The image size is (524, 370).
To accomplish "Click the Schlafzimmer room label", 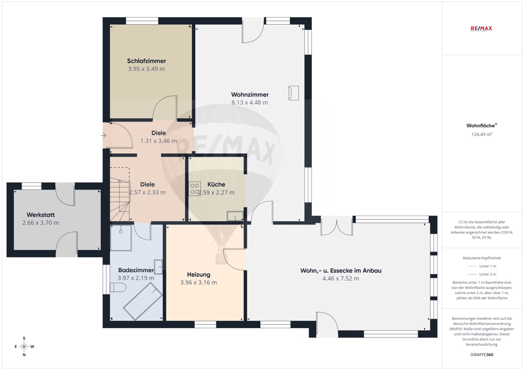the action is [x=146, y=61].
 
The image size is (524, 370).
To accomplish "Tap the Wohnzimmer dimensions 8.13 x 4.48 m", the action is [x=249, y=103].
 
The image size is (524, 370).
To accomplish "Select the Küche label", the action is [x=216, y=184].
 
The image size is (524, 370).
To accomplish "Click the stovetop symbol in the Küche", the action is [x=195, y=189].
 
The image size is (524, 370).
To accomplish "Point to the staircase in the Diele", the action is [x=119, y=194].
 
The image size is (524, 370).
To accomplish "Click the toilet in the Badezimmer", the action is [x=117, y=287].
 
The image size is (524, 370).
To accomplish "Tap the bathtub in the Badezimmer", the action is [x=143, y=301].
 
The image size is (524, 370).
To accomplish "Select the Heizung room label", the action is [x=199, y=275].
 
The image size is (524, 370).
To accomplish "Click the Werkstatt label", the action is [x=40, y=215].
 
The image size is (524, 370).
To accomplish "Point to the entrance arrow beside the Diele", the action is [x=104, y=136].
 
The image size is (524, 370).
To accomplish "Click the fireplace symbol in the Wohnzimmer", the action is [x=294, y=93].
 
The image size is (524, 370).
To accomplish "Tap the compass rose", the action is [x=24, y=346].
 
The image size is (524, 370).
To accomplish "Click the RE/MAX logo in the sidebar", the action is [x=481, y=29].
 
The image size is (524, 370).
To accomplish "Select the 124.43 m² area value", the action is [x=482, y=134].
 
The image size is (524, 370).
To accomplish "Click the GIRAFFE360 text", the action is [x=482, y=355].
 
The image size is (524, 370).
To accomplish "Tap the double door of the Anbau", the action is [x=337, y=226].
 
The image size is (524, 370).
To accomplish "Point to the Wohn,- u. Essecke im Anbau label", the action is [x=341, y=271].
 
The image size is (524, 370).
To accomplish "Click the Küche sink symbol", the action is [x=235, y=216].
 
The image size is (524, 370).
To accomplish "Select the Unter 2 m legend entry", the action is [x=482, y=274].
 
